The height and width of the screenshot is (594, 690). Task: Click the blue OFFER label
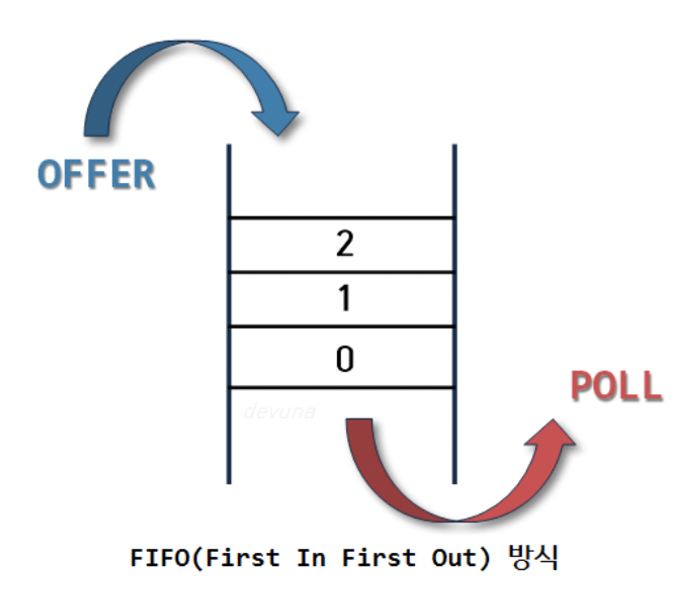[96, 174]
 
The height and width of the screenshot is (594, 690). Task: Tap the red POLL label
[617, 386]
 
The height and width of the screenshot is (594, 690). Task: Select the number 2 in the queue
[345, 244]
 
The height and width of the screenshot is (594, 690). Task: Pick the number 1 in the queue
[345, 298]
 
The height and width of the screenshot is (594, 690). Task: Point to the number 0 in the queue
[345, 359]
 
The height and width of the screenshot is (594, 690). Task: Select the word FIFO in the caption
[160, 557]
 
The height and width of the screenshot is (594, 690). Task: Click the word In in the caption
[311, 557]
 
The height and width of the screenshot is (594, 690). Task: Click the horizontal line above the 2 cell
[342, 218]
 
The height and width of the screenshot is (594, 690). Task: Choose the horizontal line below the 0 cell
[342, 388]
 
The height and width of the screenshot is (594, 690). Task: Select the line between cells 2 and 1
[342, 272]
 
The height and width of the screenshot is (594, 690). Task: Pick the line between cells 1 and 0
[342, 326]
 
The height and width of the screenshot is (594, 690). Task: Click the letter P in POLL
[583, 386]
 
